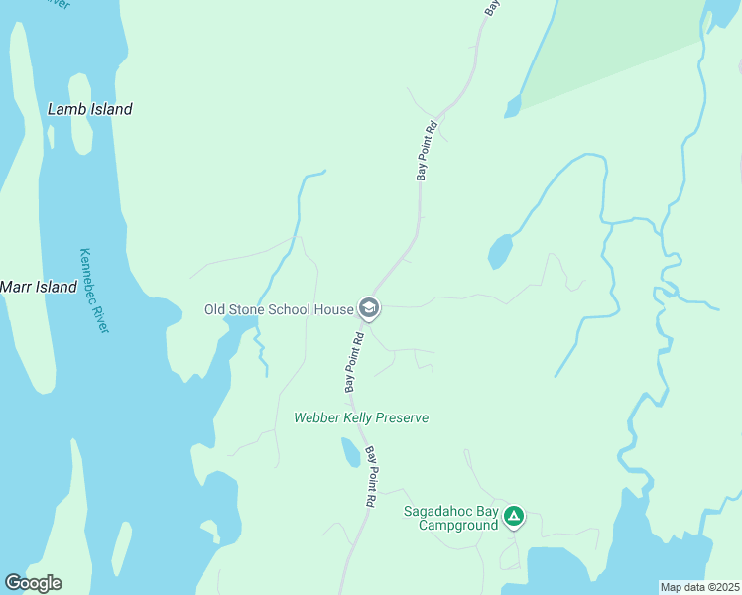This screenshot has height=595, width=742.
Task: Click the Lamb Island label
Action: [89, 109]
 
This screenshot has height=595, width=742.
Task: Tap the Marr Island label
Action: [39, 287]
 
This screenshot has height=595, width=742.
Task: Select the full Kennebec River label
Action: [94, 291]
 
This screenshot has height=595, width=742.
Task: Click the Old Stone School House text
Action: [279, 309]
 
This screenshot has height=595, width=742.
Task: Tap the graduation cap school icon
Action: [369, 309]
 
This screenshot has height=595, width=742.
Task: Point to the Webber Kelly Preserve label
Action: [361, 417]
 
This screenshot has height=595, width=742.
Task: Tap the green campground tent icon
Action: [514, 516]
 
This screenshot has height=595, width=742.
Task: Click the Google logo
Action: [33, 583]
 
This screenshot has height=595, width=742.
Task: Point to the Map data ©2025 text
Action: [699, 587]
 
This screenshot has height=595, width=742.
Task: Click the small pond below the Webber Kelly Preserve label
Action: [350, 453]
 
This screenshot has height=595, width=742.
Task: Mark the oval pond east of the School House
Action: [500, 252]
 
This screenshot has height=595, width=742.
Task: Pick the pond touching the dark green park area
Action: [512, 106]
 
